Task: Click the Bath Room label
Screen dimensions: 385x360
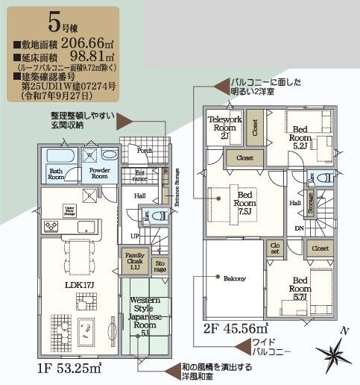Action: point(57,175)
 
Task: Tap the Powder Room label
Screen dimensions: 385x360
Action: point(99,174)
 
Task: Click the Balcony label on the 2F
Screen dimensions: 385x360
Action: point(236,278)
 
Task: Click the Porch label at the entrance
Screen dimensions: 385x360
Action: point(145,149)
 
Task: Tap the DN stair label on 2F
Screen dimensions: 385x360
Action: point(300,228)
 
